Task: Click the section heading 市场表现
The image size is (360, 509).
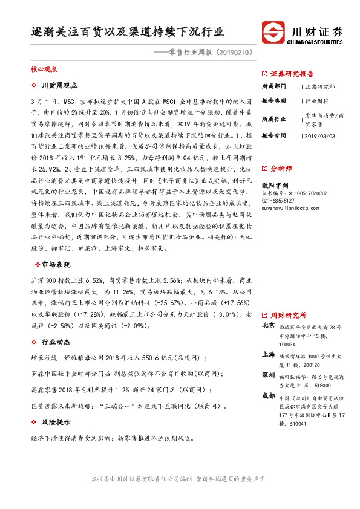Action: tap(57, 264)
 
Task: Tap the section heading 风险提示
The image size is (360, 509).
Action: tap(57, 422)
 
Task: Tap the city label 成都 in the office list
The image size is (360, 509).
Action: tap(269, 396)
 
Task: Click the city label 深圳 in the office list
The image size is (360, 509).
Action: tap(269, 375)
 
